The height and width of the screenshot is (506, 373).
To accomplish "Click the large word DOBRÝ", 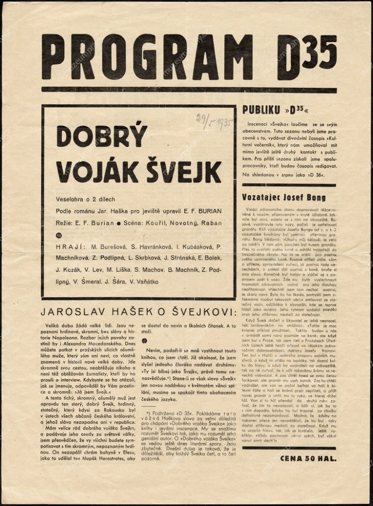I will tap(102, 137).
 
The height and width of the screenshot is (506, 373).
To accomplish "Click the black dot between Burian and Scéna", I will tap(118, 223).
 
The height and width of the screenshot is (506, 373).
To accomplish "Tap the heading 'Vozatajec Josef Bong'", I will tap(284, 197).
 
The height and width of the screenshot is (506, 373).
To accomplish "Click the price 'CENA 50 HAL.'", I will tap(308, 458).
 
